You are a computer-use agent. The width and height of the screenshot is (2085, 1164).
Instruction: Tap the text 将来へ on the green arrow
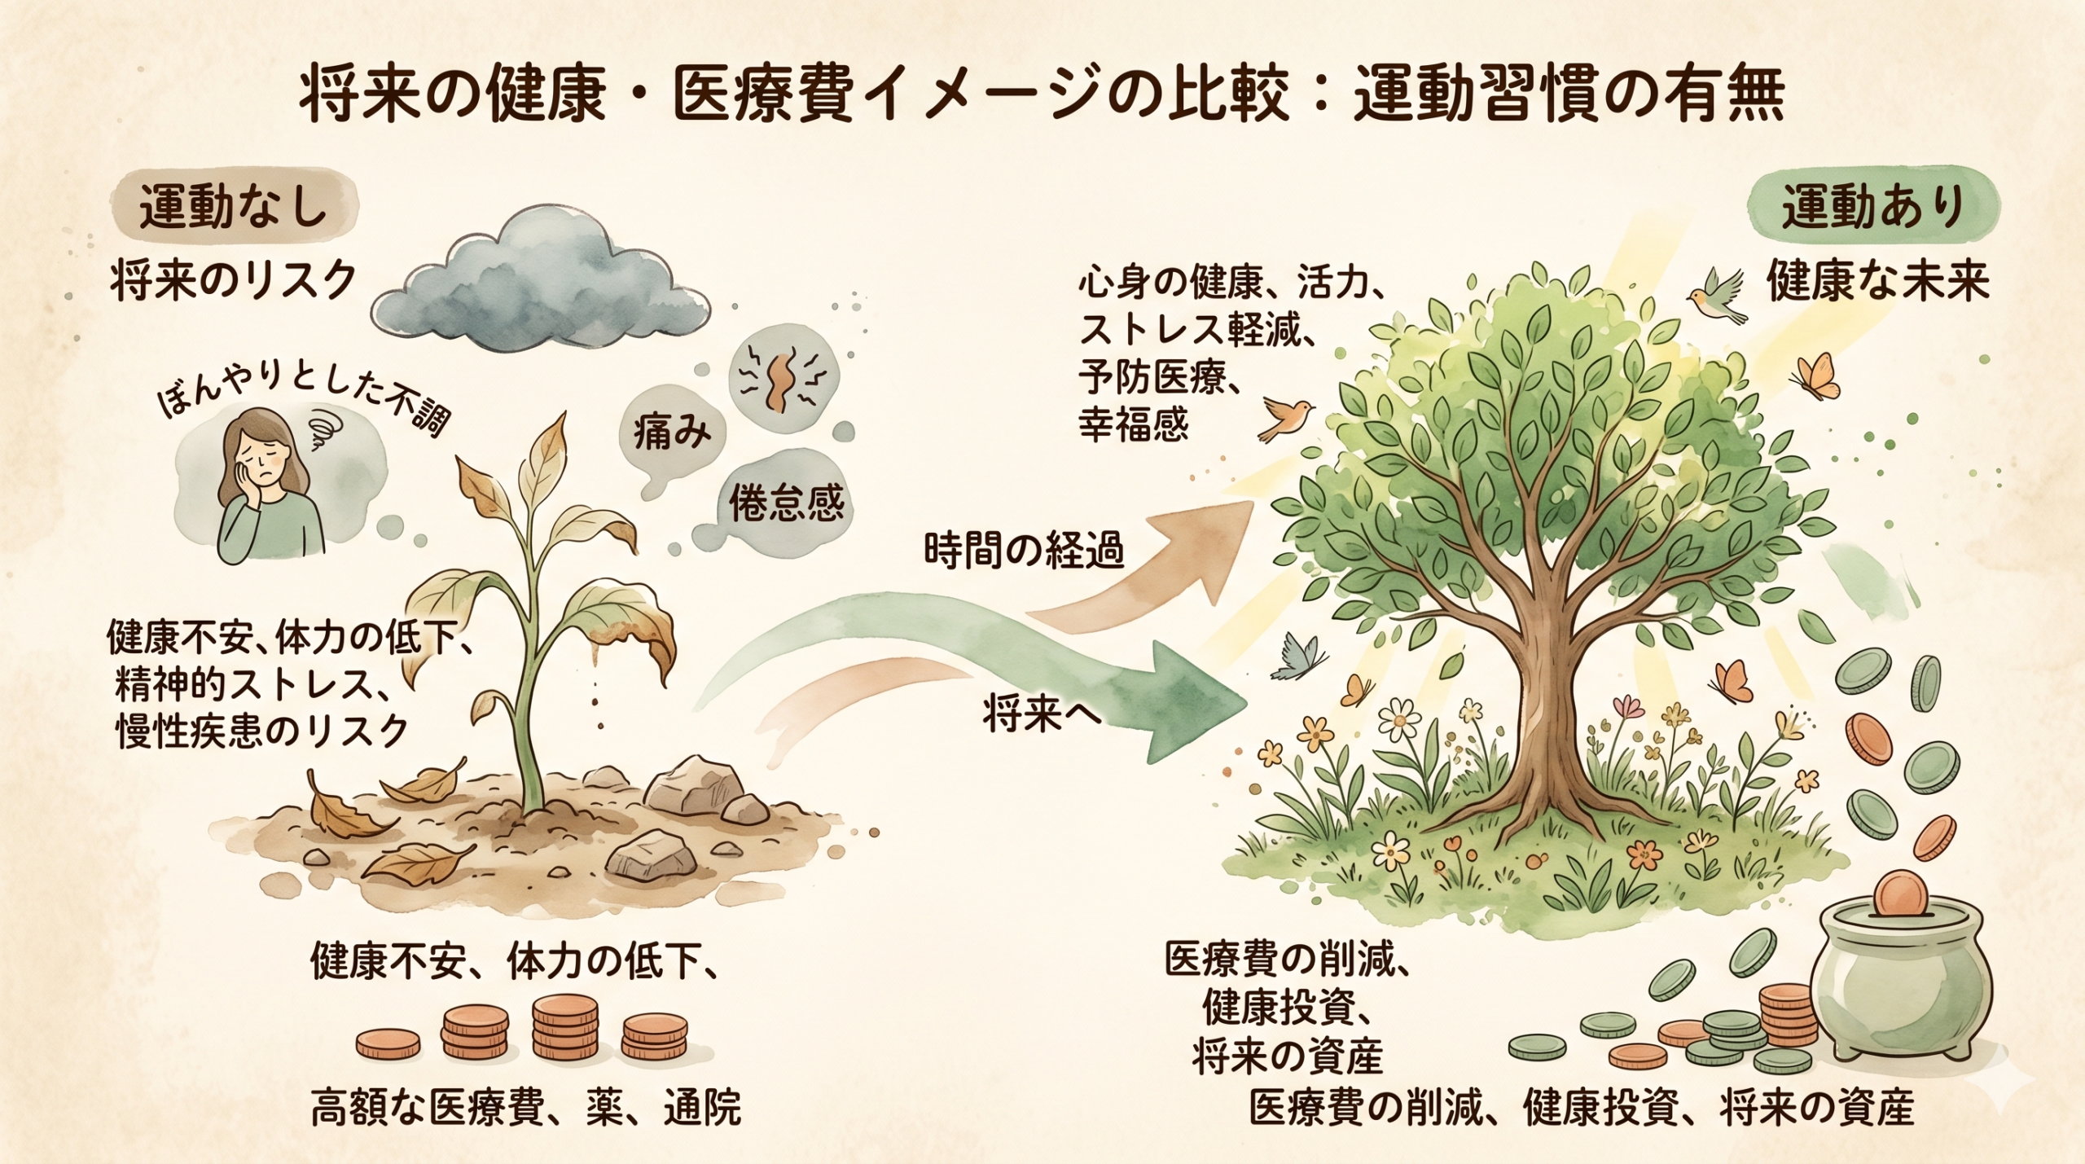[x=1042, y=716]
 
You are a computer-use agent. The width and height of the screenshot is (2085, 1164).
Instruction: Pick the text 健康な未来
[x=1877, y=283]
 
